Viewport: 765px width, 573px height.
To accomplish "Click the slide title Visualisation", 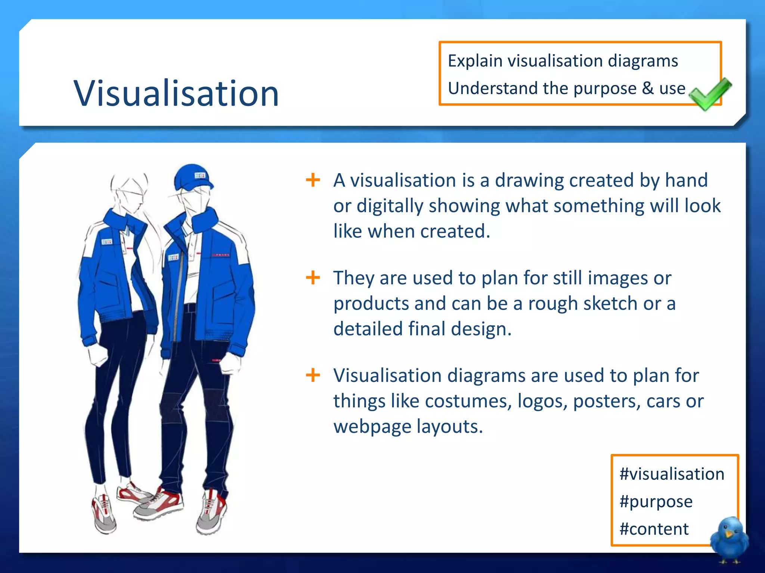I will [176, 93].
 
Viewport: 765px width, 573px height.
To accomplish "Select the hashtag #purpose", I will [656, 501].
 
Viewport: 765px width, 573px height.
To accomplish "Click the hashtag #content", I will [654, 529].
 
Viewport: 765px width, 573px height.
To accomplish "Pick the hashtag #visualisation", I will [672, 474].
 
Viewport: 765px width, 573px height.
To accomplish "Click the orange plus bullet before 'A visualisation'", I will [313, 180].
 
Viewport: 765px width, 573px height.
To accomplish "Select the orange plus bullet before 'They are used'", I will [313, 278].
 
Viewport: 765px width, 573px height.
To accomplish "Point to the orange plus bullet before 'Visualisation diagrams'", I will [313, 375].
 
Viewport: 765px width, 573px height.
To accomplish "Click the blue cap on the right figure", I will [192, 177].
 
